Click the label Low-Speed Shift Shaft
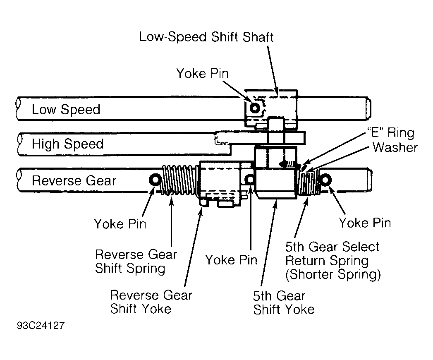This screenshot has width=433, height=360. click(x=206, y=37)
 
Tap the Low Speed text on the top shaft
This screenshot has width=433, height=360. click(x=66, y=109)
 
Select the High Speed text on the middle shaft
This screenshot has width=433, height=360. click(x=67, y=144)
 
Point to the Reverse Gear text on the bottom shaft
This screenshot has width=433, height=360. click(x=74, y=181)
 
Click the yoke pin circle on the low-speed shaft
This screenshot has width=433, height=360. click(x=254, y=108)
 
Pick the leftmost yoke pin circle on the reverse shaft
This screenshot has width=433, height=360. click(x=155, y=180)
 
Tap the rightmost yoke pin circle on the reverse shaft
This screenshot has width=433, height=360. click(x=325, y=180)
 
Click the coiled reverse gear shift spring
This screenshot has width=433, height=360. click(x=179, y=180)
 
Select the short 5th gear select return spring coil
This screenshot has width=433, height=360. click(x=309, y=181)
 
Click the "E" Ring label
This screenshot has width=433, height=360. click(x=391, y=132)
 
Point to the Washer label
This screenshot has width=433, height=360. click(x=395, y=147)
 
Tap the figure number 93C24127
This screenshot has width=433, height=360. click(x=41, y=325)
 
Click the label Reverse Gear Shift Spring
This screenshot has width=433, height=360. click(x=136, y=262)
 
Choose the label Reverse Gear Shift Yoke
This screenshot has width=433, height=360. click(x=151, y=302)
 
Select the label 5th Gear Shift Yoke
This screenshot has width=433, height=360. click(x=284, y=303)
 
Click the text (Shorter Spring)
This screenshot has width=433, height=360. click(x=333, y=274)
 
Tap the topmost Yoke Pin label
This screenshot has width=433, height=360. click(x=202, y=74)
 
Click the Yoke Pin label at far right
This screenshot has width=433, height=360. click(x=365, y=223)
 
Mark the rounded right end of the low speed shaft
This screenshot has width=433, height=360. click(x=369, y=108)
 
